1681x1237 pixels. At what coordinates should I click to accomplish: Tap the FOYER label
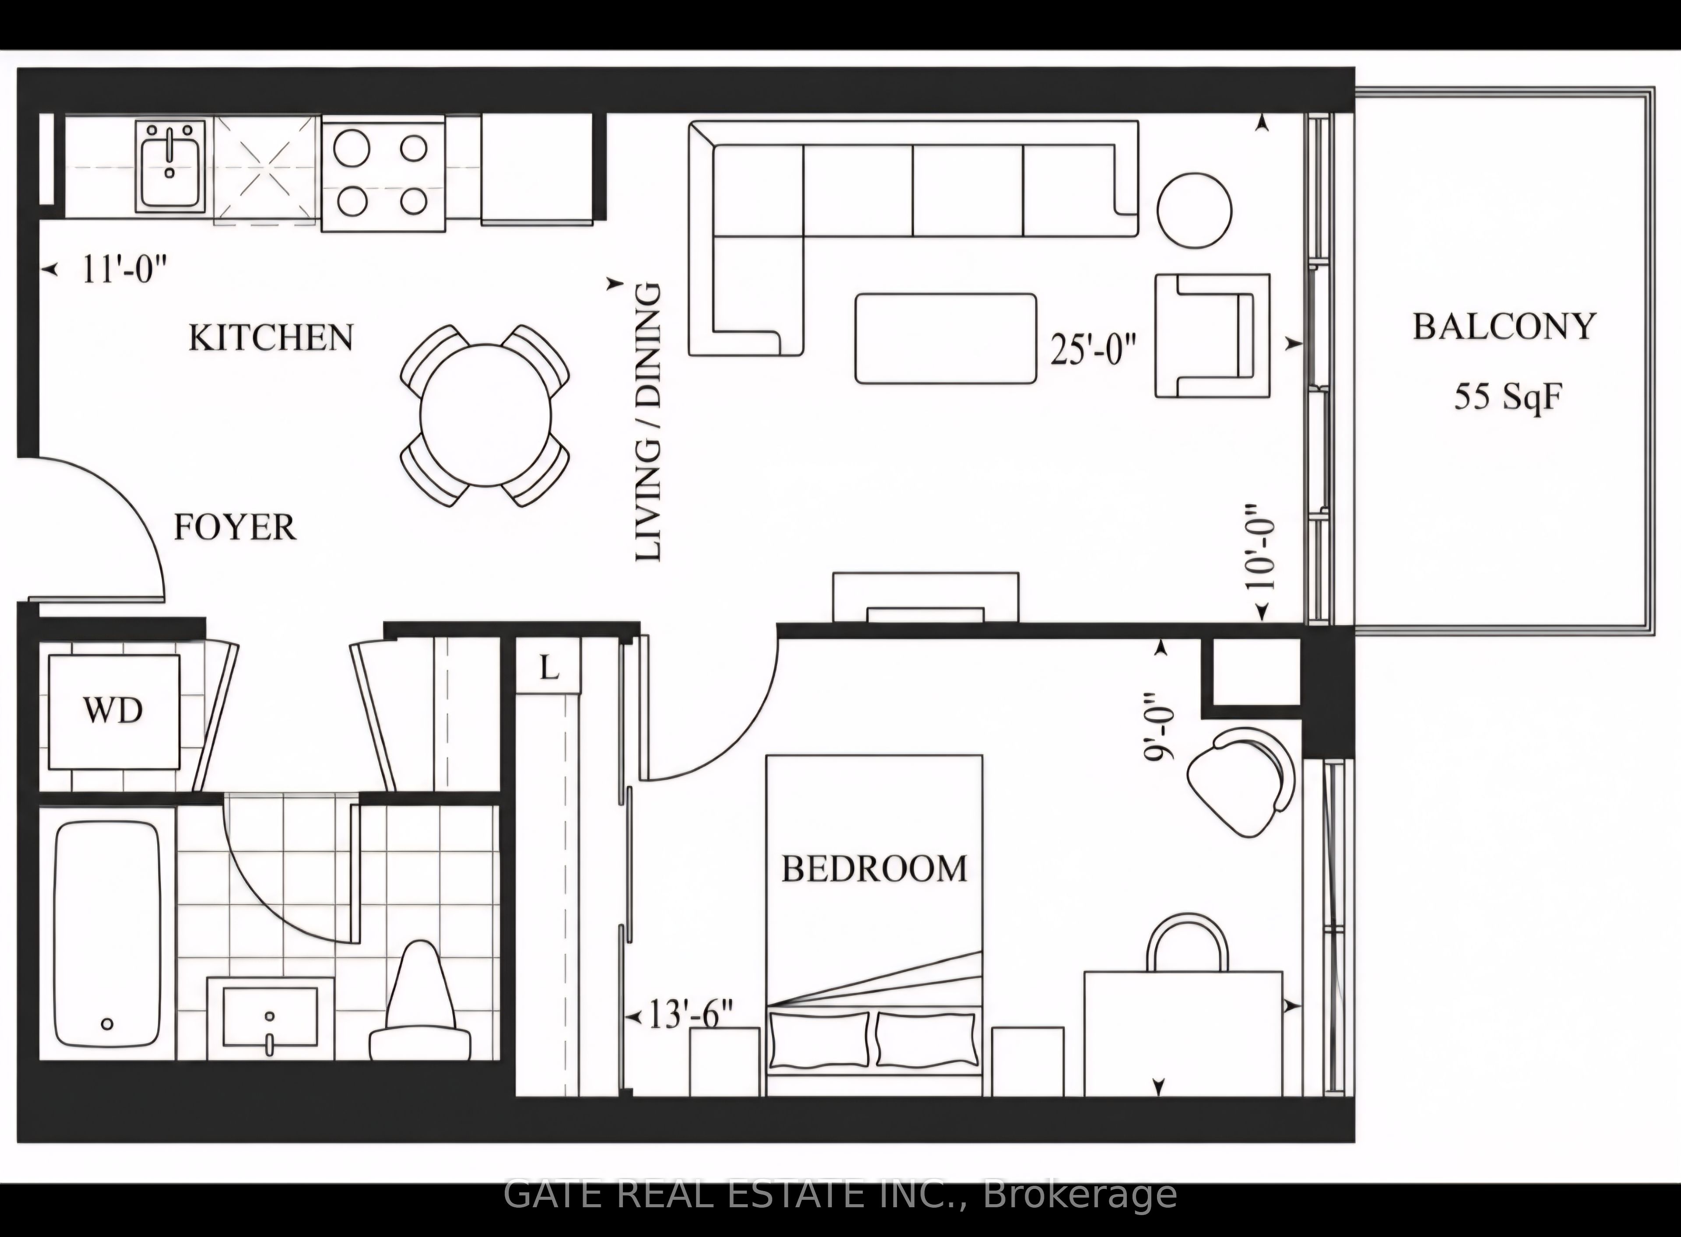(x=235, y=528)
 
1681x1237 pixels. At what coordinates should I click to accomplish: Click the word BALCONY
(x=1504, y=327)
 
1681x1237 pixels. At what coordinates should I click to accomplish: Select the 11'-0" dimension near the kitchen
(x=123, y=269)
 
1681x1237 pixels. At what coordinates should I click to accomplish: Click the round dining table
(x=485, y=415)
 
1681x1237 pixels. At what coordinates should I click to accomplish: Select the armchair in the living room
(x=1212, y=335)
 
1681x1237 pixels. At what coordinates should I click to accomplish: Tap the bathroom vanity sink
(x=270, y=1018)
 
